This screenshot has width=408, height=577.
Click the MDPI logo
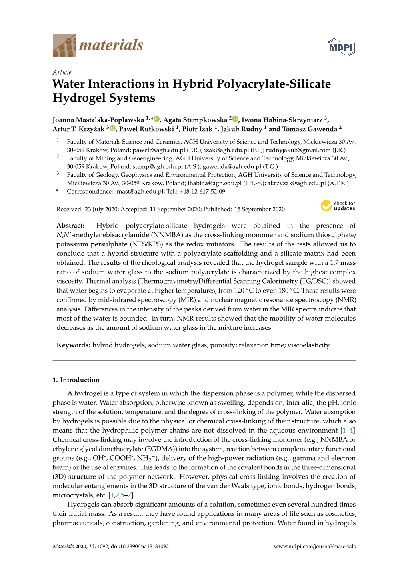[x=341, y=47]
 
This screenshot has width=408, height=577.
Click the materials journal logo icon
[x=64, y=46]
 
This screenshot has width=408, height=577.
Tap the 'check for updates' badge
[x=338, y=206]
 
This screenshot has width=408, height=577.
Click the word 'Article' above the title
[x=62, y=72]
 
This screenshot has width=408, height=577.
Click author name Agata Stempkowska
[x=195, y=120]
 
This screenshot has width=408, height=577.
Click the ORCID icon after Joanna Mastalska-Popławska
[x=157, y=119]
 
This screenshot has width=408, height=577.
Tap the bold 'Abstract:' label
[x=70, y=226]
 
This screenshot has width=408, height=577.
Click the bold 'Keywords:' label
[x=73, y=345]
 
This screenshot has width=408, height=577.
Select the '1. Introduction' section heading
[x=76, y=380]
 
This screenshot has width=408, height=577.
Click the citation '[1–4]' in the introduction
[x=348, y=430]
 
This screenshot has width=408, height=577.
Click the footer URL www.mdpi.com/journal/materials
[x=314, y=546]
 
